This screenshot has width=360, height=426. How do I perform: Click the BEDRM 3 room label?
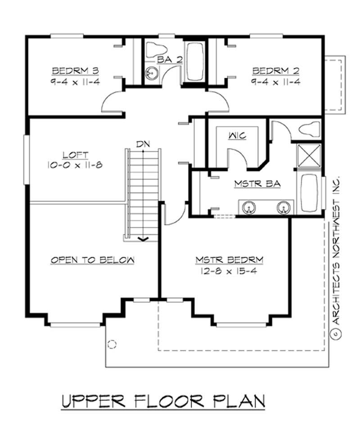(75, 71)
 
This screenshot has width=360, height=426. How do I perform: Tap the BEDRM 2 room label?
(275, 71)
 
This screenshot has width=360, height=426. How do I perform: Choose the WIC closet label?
(237, 135)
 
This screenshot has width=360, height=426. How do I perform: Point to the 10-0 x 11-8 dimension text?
(75, 165)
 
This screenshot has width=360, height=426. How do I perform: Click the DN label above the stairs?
(143, 144)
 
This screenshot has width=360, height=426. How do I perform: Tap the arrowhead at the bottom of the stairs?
(143, 238)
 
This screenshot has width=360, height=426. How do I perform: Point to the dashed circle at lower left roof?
(112, 344)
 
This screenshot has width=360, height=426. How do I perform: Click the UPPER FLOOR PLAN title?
(163, 400)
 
